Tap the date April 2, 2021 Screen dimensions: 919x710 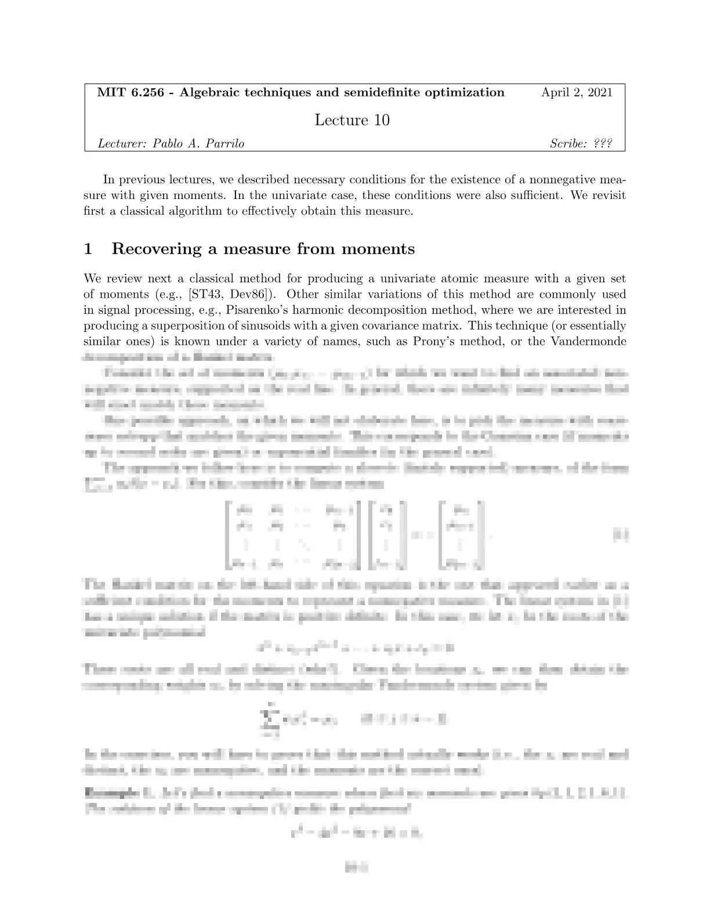577,92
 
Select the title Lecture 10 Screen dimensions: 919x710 352,120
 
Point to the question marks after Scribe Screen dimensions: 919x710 603,144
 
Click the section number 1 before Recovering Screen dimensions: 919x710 89,249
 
